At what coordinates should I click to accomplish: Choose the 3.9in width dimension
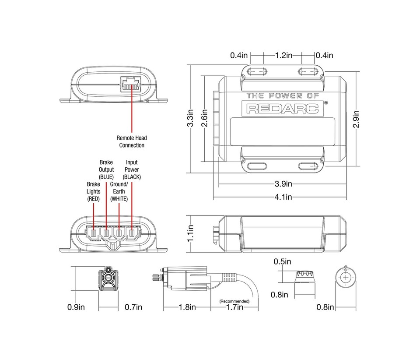pos(283,183)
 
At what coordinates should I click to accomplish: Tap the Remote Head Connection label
pos(132,141)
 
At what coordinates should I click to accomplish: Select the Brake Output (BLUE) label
pos(106,169)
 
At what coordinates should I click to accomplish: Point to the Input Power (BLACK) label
pos(132,169)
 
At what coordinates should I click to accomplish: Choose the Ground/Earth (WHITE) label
pos(119,191)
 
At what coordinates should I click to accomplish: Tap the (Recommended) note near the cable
pos(234,301)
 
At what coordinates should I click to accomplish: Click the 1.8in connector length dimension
pos(187,307)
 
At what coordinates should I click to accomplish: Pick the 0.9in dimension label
pos(76,307)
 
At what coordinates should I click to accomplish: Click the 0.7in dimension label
pos(133,307)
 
